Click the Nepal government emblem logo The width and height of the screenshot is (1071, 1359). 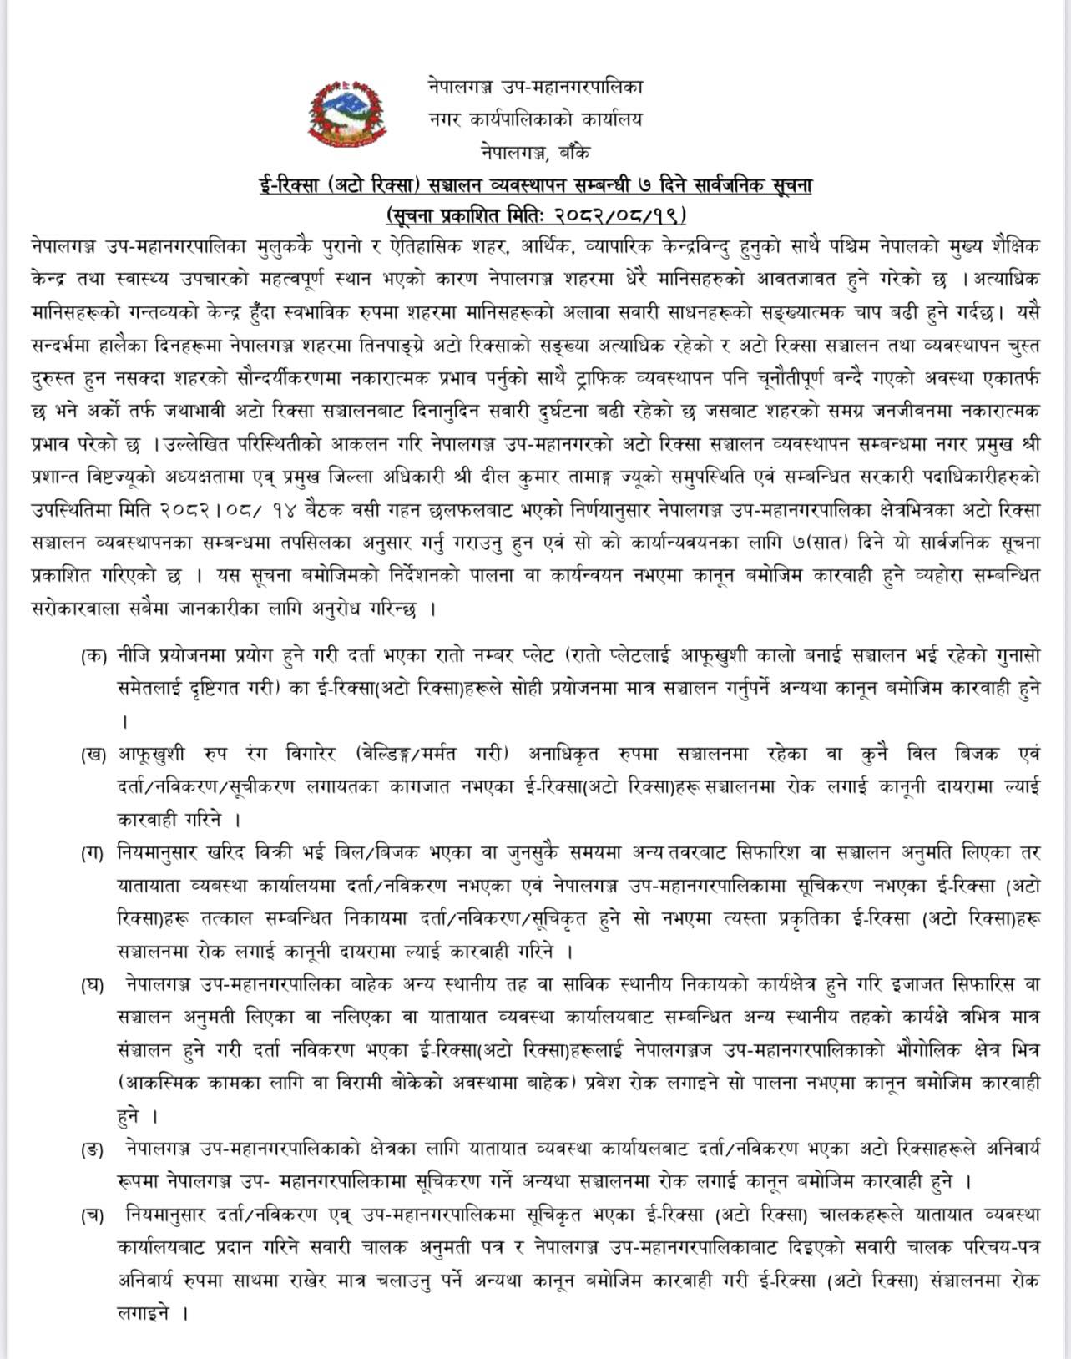[x=349, y=114]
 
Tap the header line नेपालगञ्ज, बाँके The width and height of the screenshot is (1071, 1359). [x=535, y=152]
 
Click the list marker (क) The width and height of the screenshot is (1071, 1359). [x=94, y=656]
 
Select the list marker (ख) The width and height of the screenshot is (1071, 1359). [x=94, y=755]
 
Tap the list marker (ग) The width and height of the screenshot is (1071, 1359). [x=94, y=853]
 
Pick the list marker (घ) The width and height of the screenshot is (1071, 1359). [x=94, y=985]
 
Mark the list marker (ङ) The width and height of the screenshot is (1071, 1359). [x=94, y=1149]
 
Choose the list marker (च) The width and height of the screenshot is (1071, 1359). [x=94, y=1215]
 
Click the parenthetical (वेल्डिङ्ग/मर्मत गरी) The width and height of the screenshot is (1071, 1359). [x=432, y=755]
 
